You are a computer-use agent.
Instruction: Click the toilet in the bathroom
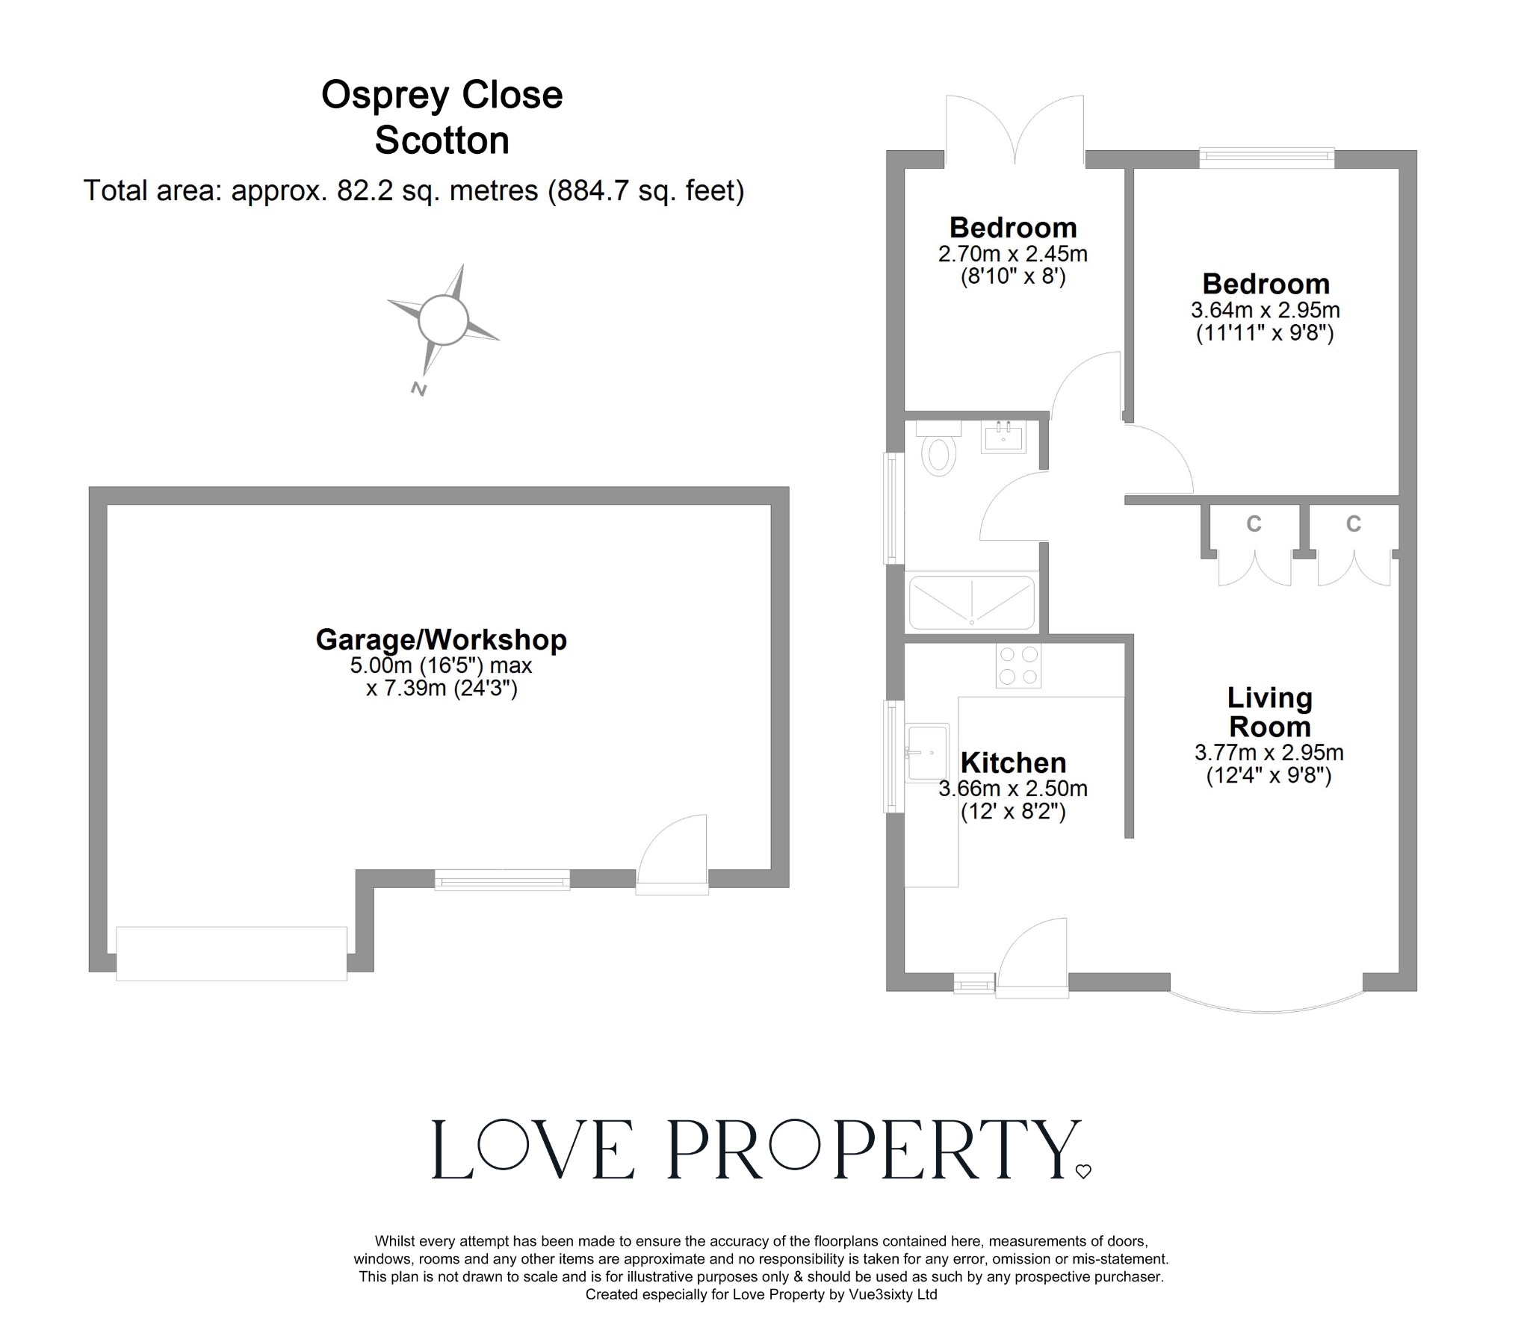[x=938, y=450]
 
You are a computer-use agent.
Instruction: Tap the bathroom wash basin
[x=1003, y=437]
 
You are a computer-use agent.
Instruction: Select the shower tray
[x=971, y=603]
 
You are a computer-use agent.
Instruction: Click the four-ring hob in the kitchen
[x=1018, y=665]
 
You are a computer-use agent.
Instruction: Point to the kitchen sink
[x=927, y=752]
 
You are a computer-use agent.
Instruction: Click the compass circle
[x=443, y=320]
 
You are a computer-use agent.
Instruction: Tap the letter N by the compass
[x=418, y=388]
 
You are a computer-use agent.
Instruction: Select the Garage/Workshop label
[x=441, y=640]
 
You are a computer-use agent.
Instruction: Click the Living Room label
[x=1269, y=712]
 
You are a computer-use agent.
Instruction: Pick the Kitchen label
[x=1013, y=762]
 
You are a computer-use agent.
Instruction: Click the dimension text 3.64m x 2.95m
[x=1265, y=310]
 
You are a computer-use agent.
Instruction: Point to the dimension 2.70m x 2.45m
[x=1013, y=254]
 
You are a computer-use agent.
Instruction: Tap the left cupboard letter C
[x=1254, y=524]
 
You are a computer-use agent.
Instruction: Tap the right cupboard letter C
[x=1354, y=524]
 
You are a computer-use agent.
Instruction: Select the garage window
[x=502, y=880]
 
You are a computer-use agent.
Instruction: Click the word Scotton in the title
[x=442, y=140]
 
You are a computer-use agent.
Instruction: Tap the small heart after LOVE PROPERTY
[x=1083, y=1172]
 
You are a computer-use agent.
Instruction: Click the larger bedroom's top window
[x=1266, y=156]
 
